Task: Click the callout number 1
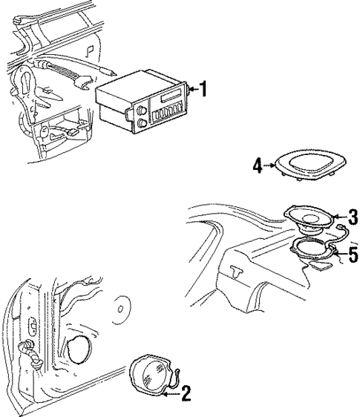coord(203,89)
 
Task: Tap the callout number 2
coord(186,394)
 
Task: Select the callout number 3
coord(353,217)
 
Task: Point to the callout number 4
coord(258,165)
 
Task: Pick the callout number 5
coord(353,255)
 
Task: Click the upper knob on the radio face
coord(141,110)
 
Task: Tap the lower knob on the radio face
coord(143,123)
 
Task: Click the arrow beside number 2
coord(172,394)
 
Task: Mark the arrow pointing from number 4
coord(269,165)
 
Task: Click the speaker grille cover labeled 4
coord(311,165)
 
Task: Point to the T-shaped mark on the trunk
coord(237,271)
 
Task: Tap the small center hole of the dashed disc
coord(120,309)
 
